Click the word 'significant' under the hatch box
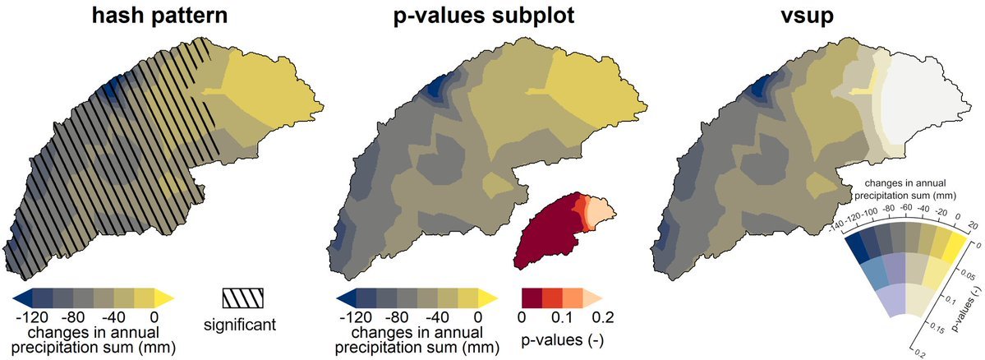tap(239, 324)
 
